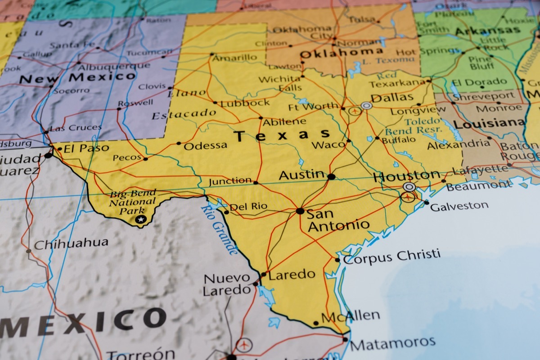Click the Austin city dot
coord(331,177)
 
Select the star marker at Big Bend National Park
coord(141,219)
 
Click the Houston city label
coord(407,175)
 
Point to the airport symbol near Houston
coord(408,197)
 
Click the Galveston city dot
coord(426,202)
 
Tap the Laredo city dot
coord(264,274)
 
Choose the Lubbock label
coord(244,103)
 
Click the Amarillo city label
coord(234,58)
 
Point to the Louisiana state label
coord(489,123)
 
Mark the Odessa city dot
coord(179,144)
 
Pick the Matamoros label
coord(392,343)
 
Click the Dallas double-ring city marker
coord(367,106)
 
